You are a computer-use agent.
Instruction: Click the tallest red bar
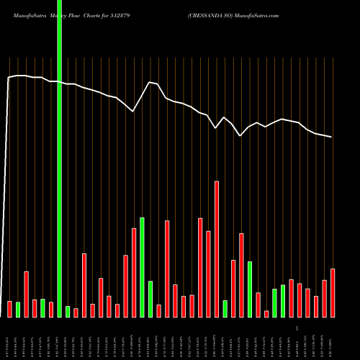217,248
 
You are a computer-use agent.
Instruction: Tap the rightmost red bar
333,292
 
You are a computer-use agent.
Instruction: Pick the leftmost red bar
10,309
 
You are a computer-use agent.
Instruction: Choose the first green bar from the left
18,310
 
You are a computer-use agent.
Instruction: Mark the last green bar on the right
283,301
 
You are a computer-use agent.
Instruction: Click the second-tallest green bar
250,289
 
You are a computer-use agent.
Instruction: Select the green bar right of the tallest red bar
225,308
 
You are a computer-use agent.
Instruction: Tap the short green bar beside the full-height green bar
68,311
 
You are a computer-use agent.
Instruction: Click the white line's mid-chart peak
149,82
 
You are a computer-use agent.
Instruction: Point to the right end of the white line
332,137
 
